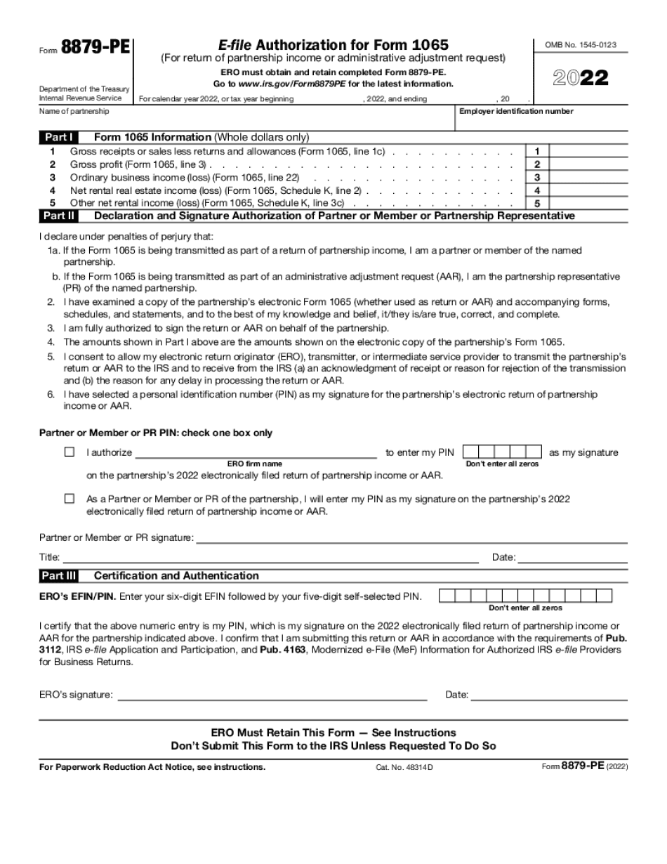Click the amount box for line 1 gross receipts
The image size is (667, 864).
click(x=588, y=151)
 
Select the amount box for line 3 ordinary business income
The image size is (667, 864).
click(x=588, y=177)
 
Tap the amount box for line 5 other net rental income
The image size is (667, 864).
click(x=588, y=203)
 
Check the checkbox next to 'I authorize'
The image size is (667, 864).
click(x=70, y=452)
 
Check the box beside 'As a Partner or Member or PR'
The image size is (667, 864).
click(x=70, y=499)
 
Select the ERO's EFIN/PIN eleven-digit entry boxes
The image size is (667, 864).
click(x=526, y=596)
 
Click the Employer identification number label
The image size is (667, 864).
click(x=516, y=112)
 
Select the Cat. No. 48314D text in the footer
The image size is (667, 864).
click(x=404, y=768)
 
